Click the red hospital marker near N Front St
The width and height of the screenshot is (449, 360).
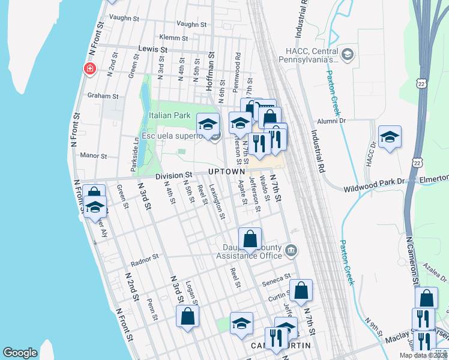point(90,68)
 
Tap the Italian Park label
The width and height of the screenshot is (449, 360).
point(169,115)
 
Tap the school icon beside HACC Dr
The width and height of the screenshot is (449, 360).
point(390,137)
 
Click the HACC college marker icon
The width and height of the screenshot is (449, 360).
point(347,56)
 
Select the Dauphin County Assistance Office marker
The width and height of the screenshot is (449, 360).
point(291,250)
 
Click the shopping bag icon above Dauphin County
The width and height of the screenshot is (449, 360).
point(250,239)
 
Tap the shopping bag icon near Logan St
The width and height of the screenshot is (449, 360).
point(187,316)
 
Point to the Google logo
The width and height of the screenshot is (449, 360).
point(20,353)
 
